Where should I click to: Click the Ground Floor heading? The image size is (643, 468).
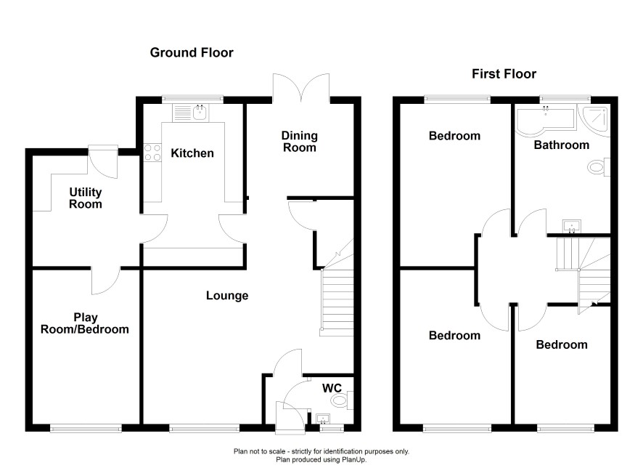pos(192,52)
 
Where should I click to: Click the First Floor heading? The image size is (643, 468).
pos(504,74)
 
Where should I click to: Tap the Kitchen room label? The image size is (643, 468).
pos(192,153)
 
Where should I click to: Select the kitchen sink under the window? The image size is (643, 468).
pos(191,113)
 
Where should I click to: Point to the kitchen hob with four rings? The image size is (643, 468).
pos(152,153)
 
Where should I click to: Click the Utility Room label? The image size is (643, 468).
pos(86,198)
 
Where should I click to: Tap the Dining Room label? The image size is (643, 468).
pos(300,142)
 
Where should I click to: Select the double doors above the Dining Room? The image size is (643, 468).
pos(301,87)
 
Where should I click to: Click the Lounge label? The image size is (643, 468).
pos(227,296)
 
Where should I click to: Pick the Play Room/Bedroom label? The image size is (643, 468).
pos(85,323)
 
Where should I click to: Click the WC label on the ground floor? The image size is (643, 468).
pos(332,388)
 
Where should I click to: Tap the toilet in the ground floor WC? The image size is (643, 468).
pos(342,400)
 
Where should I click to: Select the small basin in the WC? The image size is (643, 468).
pos(324,419)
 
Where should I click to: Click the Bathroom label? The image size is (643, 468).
pos(562,145)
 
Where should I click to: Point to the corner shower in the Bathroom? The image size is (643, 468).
pos(594,118)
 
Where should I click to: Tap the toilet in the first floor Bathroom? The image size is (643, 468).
pos(599,167)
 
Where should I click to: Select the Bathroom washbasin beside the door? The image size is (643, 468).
pos(572,226)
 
